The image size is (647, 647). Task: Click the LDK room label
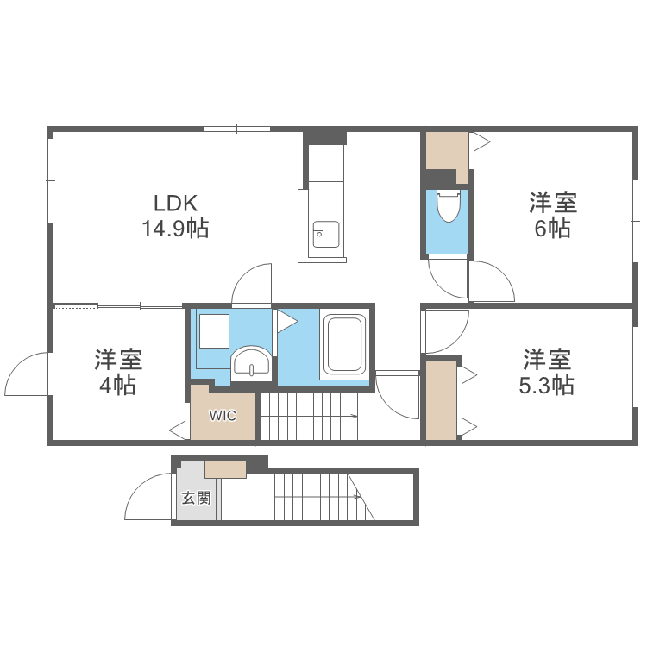176,204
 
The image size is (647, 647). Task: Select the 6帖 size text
552,229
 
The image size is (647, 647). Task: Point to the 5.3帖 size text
546,384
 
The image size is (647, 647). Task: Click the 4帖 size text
117,385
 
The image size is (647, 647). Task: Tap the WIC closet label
223,415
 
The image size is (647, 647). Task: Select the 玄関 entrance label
196,498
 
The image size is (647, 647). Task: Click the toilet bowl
448,207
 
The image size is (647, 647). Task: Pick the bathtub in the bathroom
345,345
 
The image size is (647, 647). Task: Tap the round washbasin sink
251,362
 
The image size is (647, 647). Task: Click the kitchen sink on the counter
325,234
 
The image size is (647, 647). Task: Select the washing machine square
214,330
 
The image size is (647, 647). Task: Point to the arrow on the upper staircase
354,417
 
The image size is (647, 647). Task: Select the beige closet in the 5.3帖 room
441,399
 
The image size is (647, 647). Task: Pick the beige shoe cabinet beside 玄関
225,468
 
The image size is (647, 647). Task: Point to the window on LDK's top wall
237,129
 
